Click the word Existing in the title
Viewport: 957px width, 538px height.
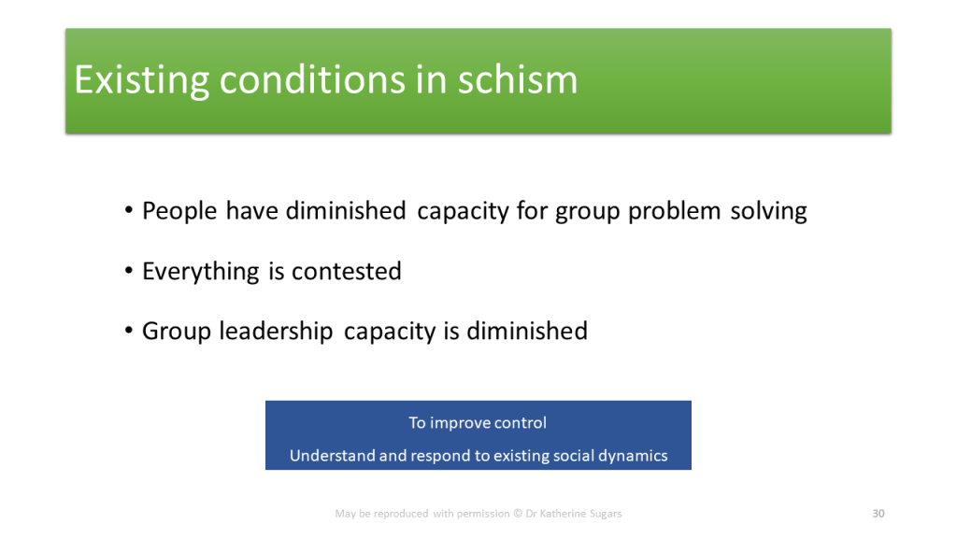(142, 81)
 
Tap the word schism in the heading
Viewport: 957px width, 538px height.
(518, 79)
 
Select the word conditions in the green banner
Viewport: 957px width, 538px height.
(312, 79)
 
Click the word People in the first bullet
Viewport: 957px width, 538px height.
(179, 212)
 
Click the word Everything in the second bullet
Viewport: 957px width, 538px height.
(201, 272)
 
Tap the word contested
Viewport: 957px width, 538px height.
(347, 272)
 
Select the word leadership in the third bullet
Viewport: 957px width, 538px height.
(276, 332)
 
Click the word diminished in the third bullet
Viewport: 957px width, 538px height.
(527, 332)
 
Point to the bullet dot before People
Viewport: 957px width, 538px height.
(128, 210)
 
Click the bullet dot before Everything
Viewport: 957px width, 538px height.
(128, 270)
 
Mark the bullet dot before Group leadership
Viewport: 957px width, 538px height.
(128, 331)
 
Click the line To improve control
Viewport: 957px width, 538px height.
(478, 423)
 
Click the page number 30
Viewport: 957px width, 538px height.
(878, 514)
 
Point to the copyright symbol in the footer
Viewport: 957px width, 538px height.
(518, 514)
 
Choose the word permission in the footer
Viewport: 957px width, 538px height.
(483, 514)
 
